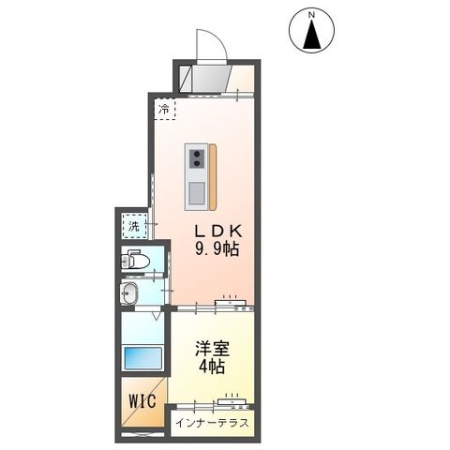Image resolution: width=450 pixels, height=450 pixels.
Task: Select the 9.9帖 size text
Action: point(217,248)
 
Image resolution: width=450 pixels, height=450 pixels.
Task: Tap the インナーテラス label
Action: point(212,424)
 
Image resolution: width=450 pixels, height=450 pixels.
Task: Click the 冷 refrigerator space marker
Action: point(164,111)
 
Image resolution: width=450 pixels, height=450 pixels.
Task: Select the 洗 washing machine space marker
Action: point(134,225)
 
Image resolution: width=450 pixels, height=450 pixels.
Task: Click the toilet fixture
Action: point(138,261)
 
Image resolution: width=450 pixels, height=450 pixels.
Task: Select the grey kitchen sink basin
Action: point(197,192)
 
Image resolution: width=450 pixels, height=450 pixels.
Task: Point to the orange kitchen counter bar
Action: point(213,178)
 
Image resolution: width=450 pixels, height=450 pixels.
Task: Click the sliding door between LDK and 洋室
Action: point(231,304)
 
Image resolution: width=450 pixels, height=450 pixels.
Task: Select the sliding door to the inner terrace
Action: point(231,404)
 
